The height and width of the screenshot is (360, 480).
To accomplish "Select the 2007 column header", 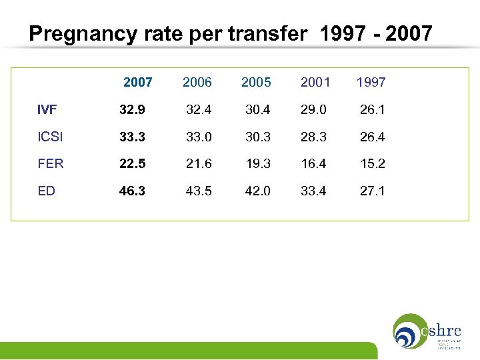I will [x=138, y=82].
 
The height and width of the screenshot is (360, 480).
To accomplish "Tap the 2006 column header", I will [x=197, y=82].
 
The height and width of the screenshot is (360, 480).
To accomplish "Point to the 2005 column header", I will [x=256, y=82].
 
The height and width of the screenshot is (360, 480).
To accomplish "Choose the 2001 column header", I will [x=315, y=82].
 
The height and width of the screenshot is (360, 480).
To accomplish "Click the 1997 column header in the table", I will [x=371, y=82].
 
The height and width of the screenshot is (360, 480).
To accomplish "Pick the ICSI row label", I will [x=51, y=137].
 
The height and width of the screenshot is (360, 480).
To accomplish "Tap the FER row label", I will [x=51, y=163].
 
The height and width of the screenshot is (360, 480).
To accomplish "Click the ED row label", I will [x=46, y=191].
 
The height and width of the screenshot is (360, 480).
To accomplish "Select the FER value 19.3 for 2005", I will [x=257, y=163].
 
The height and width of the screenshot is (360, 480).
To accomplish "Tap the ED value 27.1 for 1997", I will [x=373, y=191].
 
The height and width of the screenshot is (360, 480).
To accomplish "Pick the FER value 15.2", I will [x=373, y=163].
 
